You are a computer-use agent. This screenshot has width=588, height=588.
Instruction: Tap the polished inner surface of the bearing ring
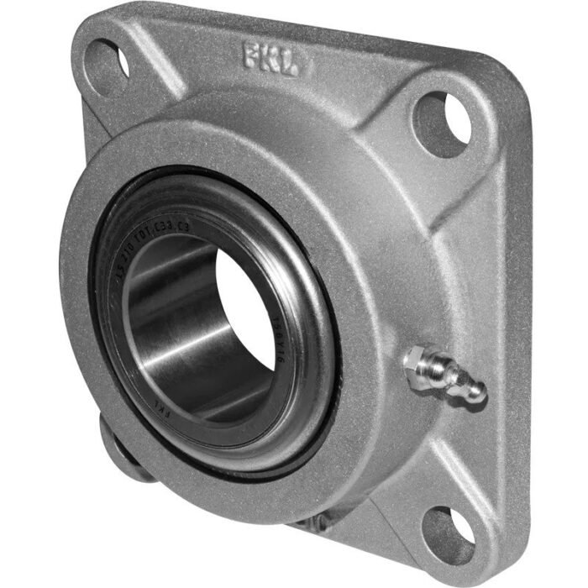168,336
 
